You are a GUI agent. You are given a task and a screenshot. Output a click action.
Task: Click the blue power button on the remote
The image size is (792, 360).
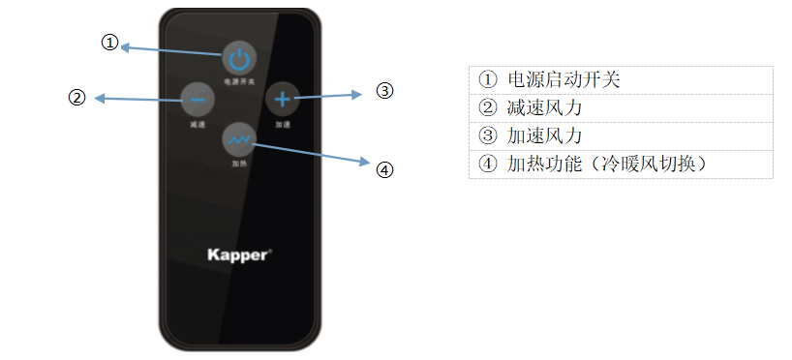click(238, 58)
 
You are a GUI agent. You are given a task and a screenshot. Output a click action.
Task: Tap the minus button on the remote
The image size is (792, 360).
click(197, 98)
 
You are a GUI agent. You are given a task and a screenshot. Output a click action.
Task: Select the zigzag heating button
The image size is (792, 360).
click(238, 139)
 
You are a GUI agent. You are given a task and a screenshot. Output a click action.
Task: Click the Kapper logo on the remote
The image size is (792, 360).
click(239, 255)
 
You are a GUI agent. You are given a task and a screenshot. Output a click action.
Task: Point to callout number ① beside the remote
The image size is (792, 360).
click(110, 43)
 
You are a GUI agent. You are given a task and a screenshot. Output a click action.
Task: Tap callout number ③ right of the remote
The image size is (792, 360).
click(384, 91)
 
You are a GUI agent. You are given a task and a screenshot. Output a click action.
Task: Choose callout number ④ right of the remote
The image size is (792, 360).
click(384, 169)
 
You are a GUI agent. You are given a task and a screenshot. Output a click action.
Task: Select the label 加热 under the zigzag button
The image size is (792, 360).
click(238, 164)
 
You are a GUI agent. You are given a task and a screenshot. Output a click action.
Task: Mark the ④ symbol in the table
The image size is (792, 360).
click(487, 164)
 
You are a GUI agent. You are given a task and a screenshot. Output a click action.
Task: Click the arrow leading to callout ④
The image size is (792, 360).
click(310, 152)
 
